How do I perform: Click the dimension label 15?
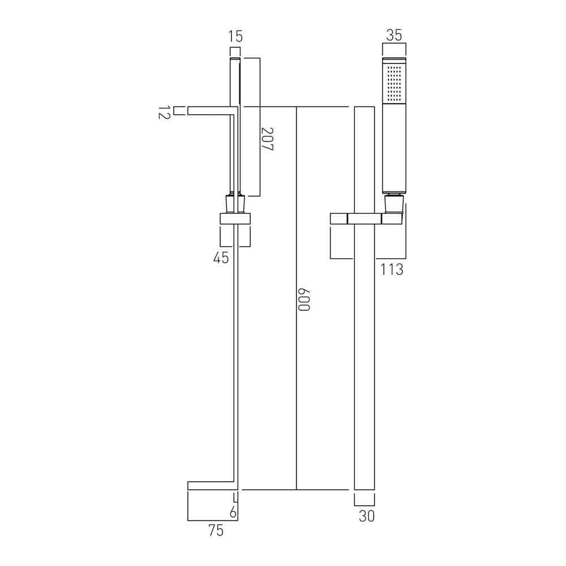pos(235,37)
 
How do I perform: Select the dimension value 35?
pos(394,35)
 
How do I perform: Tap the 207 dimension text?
pos(268,139)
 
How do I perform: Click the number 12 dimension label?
pos(164,113)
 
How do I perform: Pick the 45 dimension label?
pos(221,258)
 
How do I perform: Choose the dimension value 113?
pos(392,270)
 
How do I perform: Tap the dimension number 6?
pos(233,513)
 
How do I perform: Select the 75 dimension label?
pos(216,531)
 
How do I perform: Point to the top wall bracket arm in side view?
pos(209,110)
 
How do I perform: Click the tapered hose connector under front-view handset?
pos(394,204)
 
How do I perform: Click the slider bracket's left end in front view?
pos(338,219)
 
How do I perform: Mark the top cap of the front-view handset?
pos(395,61)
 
